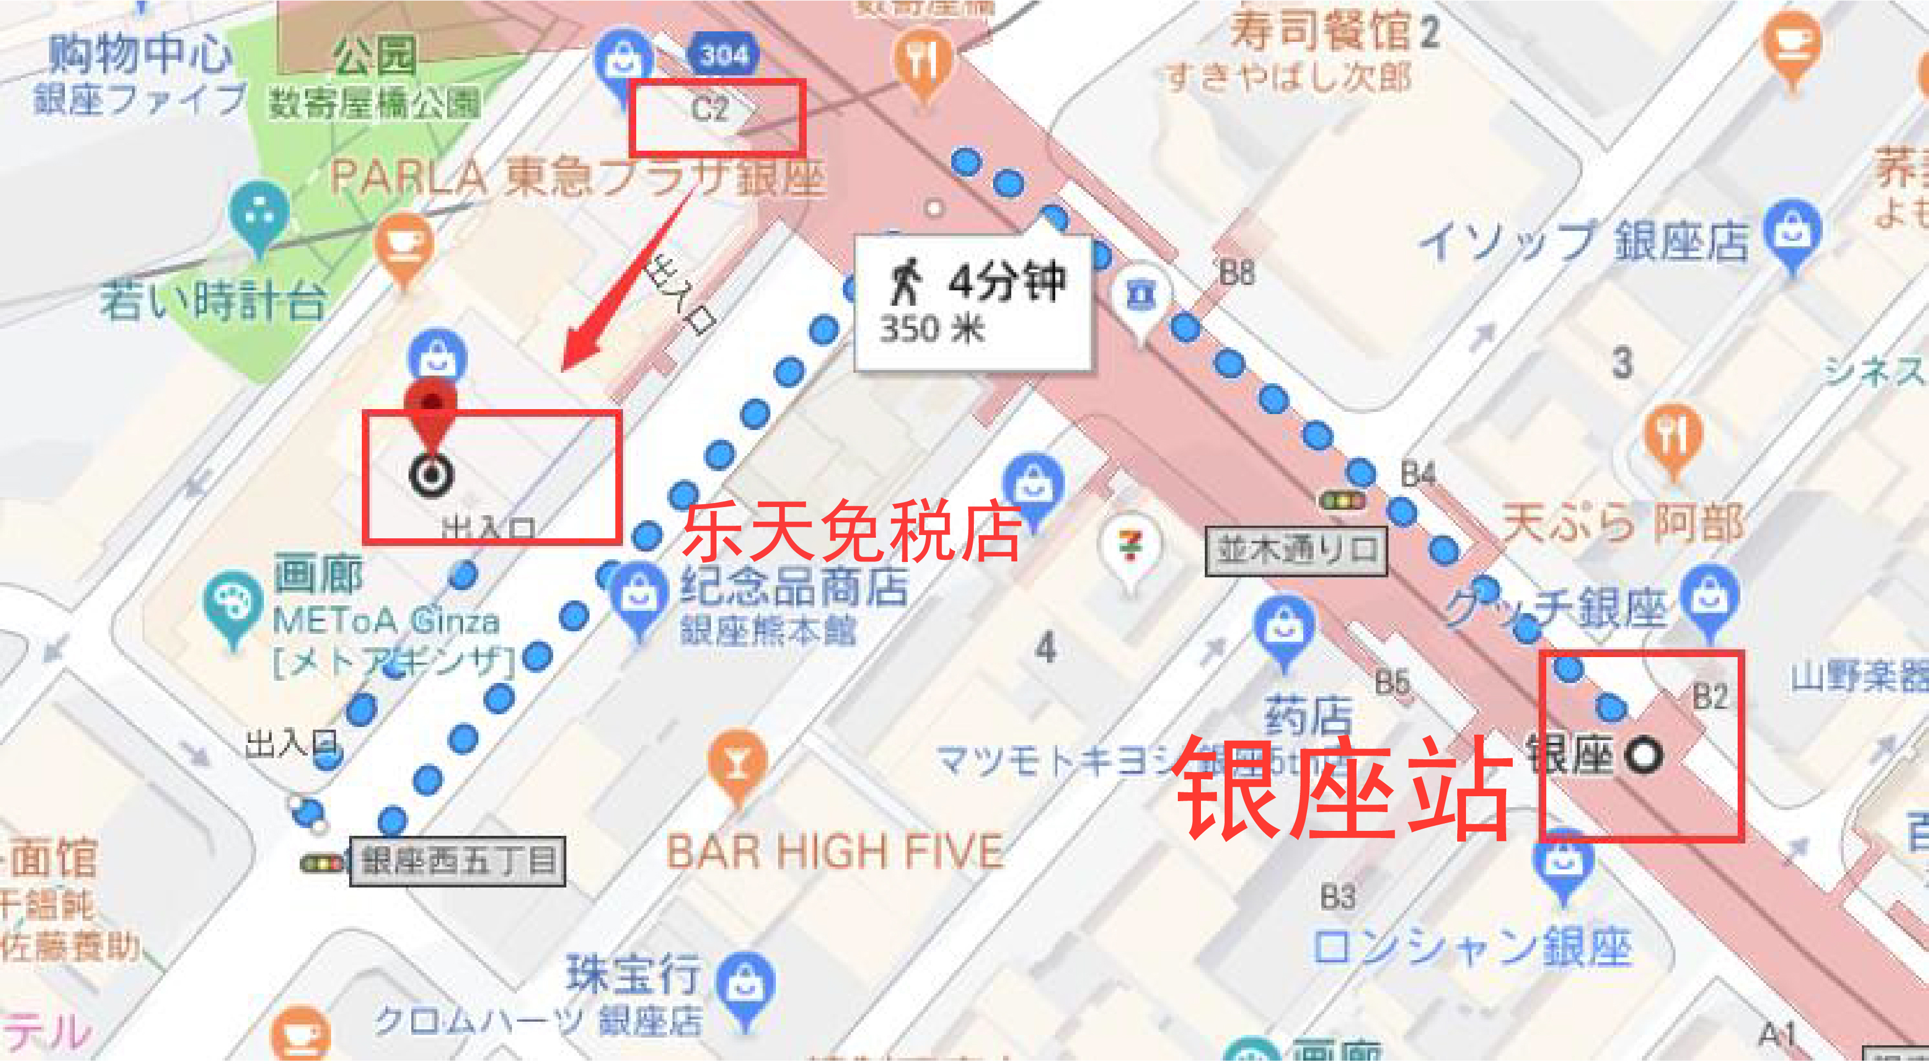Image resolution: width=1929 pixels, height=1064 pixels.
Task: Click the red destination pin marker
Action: [431, 410]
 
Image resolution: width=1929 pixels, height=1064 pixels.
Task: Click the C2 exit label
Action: [709, 109]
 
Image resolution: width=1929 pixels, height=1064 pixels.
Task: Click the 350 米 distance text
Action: [932, 329]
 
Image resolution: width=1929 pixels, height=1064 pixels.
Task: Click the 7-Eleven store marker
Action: [1131, 547]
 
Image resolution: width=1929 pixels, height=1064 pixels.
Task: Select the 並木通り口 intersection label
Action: [1296, 551]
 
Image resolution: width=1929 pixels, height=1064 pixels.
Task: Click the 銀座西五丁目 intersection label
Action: [458, 861]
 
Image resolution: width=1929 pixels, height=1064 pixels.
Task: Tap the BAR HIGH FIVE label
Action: [835, 852]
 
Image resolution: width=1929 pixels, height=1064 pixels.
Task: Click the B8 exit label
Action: [1236, 273]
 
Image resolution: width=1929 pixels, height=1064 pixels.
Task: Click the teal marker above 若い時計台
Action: [259, 213]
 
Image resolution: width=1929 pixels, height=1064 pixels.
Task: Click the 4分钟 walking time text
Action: [1006, 282]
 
